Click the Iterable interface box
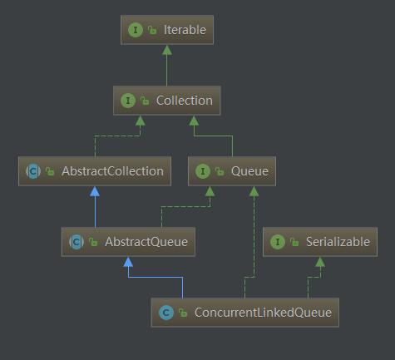pyautogui.click(x=167, y=30)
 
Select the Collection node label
pyautogui.click(x=185, y=101)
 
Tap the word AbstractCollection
pyautogui.click(x=112, y=171)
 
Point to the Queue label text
pyautogui.click(x=249, y=171)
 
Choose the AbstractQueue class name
pyautogui.click(x=146, y=242)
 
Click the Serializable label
pyautogui.click(x=338, y=242)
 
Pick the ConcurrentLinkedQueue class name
pyautogui.click(x=263, y=313)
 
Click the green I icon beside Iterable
pyautogui.click(x=136, y=30)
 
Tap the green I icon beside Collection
pyautogui.click(x=128, y=101)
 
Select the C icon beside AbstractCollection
pyautogui.click(x=33, y=171)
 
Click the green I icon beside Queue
pyautogui.click(x=203, y=171)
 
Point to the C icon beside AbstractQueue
pyautogui.click(x=77, y=242)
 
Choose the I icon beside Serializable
pyautogui.click(x=278, y=242)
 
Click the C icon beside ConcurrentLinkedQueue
pyautogui.click(x=166, y=313)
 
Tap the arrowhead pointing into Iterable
pyautogui.click(x=167, y=50)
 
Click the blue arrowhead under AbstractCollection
pyautogui.click(x=95, y=191)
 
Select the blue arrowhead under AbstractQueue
pyautogui.click(x=128, y=262)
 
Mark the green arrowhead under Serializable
pyautogui.click(x=320, y=262)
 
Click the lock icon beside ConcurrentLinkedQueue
pyautogui.click(x=183, y=313)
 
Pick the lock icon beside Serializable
pyautogui.click(x=294, y=242)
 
